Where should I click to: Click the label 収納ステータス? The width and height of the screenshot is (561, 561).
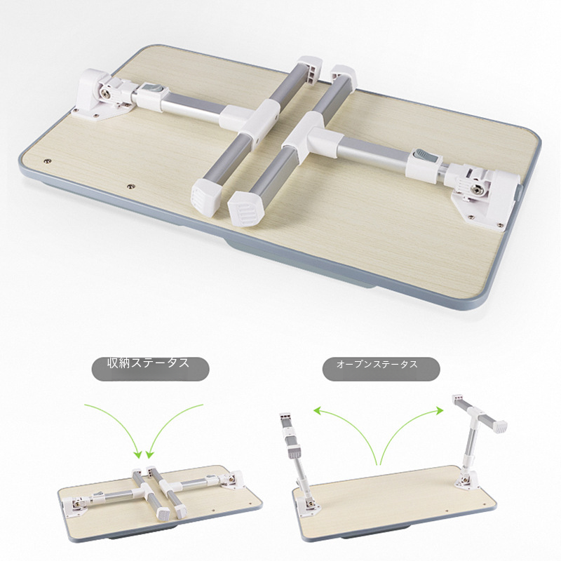click(148, 363)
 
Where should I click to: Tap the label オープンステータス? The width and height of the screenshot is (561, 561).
click(377, 364)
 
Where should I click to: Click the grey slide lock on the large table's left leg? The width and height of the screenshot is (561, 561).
click(155, 90)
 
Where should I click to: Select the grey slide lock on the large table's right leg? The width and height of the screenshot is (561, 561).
click(423, 156)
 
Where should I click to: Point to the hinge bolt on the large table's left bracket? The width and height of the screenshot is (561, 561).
click(106, 93)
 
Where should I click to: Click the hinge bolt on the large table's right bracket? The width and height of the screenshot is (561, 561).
click(475, 190)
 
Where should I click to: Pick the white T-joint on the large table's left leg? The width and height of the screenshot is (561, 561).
click(255, 120)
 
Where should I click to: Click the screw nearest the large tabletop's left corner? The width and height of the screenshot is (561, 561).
click(47, 162)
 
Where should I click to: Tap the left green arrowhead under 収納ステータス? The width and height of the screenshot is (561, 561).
click(137, 454)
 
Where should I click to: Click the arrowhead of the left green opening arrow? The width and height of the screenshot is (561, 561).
click(318, 411)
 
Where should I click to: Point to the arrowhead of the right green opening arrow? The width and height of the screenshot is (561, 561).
click(439, 411)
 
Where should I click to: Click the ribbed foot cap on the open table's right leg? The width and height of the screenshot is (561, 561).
click(499, 426)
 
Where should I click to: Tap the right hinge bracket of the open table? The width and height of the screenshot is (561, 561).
click(466, 478)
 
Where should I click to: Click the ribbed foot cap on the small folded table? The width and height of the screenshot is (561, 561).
click(164, 514)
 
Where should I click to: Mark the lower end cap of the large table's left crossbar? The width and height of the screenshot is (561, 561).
click(206, 196)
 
